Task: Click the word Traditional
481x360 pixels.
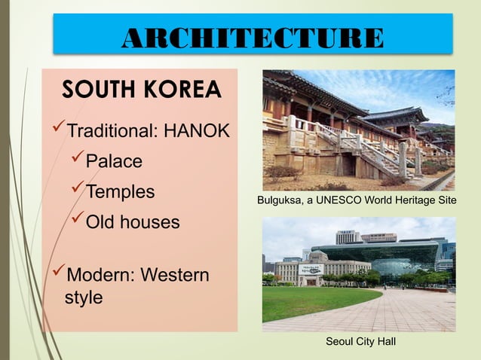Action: [x=111, y=132]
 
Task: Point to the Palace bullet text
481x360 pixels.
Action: [x=114, y=162]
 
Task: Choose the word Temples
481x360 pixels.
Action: [x=120, y=192]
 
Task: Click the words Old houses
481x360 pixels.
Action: [x=133, y=223]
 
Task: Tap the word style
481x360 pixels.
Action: [x=84, y=297]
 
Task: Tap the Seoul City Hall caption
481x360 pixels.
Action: [x=360, y=342]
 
